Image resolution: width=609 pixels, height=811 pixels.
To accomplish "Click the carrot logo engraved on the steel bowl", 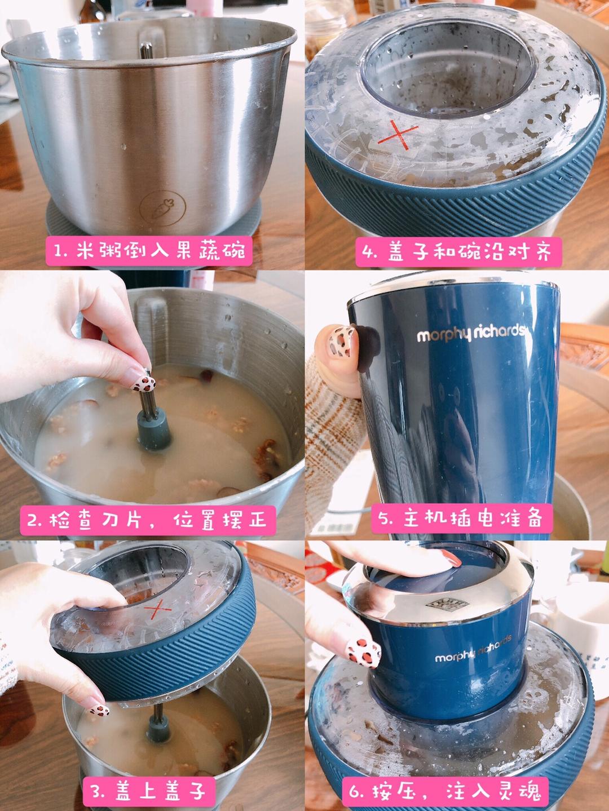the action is (x=157, y=208).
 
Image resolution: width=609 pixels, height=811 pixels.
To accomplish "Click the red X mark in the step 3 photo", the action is (x=157, y=609).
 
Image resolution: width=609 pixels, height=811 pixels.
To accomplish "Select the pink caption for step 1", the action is (x=149, y=251).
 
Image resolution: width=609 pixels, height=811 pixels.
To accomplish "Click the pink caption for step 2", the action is (x=148, y=521).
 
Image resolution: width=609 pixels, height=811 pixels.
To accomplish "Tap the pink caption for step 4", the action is (x=458, y=252).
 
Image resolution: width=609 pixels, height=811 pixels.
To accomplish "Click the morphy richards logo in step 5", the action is (x=471, y=334).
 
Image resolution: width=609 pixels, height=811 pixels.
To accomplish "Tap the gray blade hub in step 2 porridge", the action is (x=155, y=429).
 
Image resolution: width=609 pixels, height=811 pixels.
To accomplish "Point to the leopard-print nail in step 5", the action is (x=341, y=342).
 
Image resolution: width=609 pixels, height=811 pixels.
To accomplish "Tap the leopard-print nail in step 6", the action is (x=363, y=655).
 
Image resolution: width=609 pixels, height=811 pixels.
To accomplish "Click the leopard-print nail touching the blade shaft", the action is (x=143, y=383).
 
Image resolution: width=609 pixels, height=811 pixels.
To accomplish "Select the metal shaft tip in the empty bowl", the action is (x=146, y=51).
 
